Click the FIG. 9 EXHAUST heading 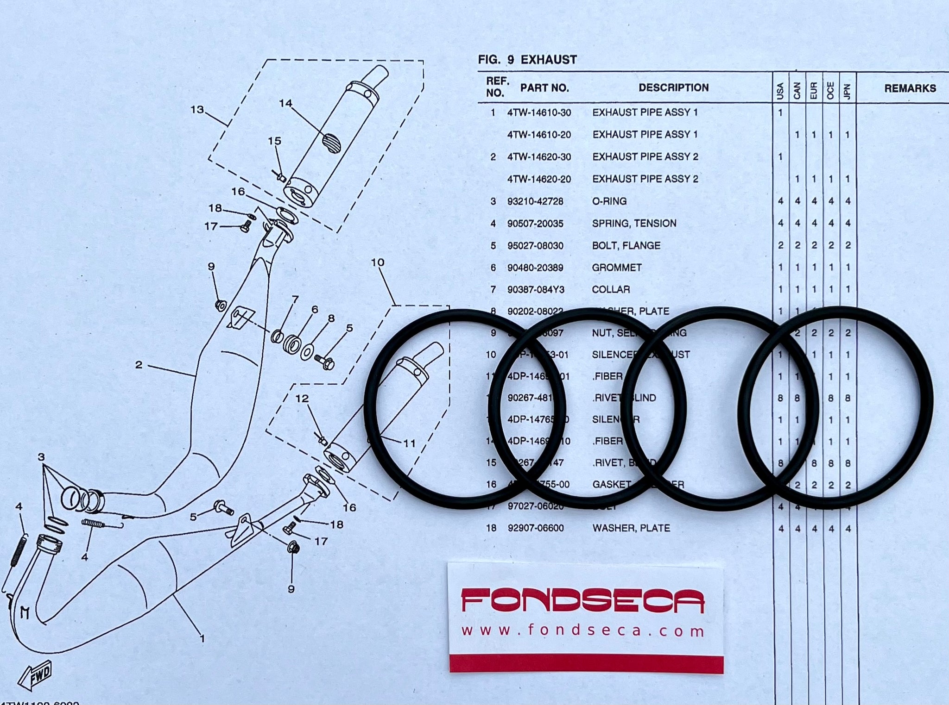[x=527, y=60]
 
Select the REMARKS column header [x=910, y=88]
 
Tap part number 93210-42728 [x=535, y=201]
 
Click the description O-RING [x=609, y=201]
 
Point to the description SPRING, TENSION [x=634, y=224]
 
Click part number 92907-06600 [x=536, y=528]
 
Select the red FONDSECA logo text [x=582, y=600]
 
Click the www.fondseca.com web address [x=582, y=630]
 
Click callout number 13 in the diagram [x=197, y=110]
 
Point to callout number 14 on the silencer [x=285, y=103]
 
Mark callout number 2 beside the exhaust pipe [x=139, y=365]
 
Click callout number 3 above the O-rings [x=41, y=457]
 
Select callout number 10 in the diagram [x=378, y=262]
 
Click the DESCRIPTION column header [x=673, y=88]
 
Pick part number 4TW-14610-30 [x=539, y=112]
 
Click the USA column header [x=780, y=91]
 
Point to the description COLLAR [x=611, y=290]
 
